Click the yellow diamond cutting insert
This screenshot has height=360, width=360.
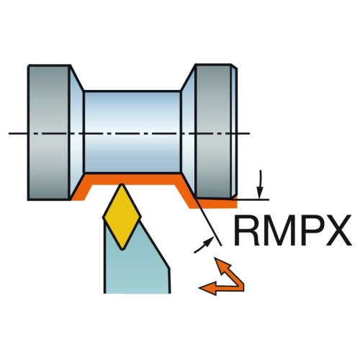pos(122,217)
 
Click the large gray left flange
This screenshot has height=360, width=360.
pos(49,132)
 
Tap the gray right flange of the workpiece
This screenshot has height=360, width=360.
pos(213,131)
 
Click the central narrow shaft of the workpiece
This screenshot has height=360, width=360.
pos(132,132)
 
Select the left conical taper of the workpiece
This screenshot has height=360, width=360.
pos(76,132)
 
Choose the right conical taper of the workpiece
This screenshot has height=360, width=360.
pos(188,132)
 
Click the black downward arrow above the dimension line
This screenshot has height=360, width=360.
pos(260,184)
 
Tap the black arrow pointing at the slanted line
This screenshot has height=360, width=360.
pos(204,245)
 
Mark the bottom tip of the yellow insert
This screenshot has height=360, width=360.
pos(122,250)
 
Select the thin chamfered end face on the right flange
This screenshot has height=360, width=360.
pos(235,132)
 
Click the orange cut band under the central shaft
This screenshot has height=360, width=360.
pos(132,179)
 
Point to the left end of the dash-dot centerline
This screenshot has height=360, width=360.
pos(9,133)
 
